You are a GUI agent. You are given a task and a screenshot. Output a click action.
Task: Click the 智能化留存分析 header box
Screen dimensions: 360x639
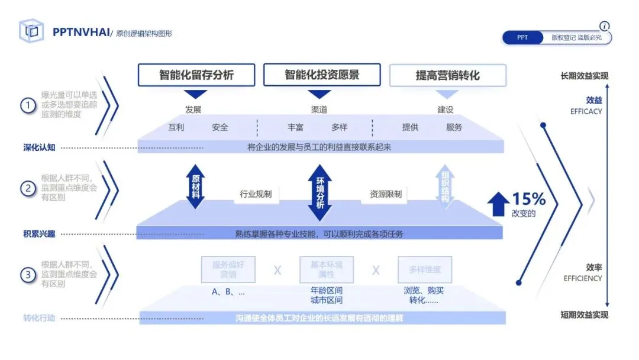pos(196,75)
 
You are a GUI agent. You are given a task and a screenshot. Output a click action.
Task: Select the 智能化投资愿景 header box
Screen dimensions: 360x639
pos(322,75)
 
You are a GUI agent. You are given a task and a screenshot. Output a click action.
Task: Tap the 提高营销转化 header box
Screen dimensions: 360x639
pos(447,76)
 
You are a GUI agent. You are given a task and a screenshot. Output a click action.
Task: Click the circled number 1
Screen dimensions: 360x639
pos(28,105)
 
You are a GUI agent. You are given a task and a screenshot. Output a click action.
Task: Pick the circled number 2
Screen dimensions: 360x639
pos(28,188)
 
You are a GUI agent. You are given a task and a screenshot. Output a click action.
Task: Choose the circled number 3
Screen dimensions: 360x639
pos(28,275)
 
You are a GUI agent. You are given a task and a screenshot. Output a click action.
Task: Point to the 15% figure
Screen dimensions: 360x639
pos(528,198)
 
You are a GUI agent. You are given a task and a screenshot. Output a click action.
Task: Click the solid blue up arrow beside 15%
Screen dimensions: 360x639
pos(498,203)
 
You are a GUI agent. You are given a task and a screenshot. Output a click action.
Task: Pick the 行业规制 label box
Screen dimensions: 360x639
pos(256,194)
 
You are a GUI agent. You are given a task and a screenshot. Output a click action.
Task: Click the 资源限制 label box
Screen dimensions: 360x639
pos(386,194)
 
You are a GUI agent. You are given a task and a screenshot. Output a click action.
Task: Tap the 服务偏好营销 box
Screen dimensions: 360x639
pos(228,269)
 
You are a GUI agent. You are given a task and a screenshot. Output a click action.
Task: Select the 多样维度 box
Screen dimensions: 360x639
pos(425,269)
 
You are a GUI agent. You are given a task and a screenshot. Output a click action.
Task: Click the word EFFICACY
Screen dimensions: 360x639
pos(586,111)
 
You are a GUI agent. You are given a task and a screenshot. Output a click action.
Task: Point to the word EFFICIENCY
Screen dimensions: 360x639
pos(583,278)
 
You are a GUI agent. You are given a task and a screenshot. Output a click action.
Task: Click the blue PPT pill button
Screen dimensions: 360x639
pos(522,37)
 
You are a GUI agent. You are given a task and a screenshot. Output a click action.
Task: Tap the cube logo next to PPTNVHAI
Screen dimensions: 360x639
pos(31,31)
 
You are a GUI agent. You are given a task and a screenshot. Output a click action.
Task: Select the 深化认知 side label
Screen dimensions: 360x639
pos(35,147)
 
